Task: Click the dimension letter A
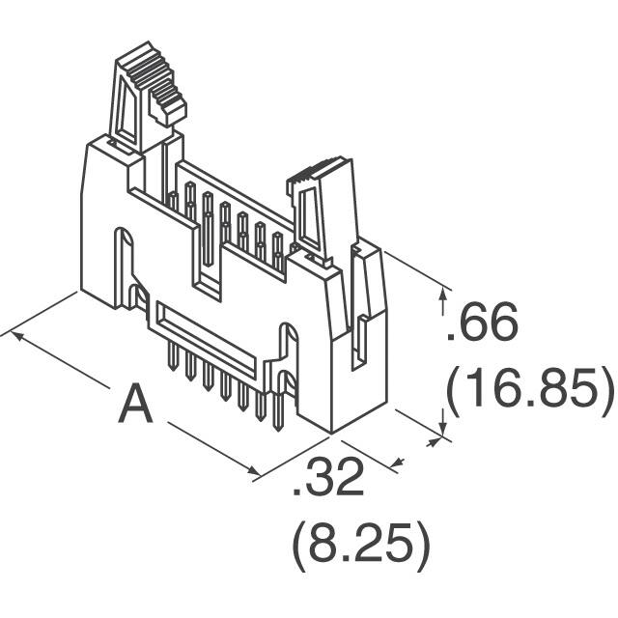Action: point(136,405)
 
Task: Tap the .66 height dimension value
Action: point(483,324)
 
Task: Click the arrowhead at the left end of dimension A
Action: point(10,334)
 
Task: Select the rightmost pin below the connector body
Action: point(261,410)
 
